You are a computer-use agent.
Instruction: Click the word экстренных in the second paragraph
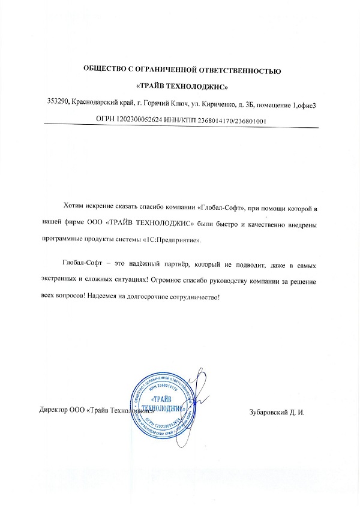click(x=59, y=281)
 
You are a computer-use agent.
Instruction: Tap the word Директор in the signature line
click(x=51, y=413)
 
